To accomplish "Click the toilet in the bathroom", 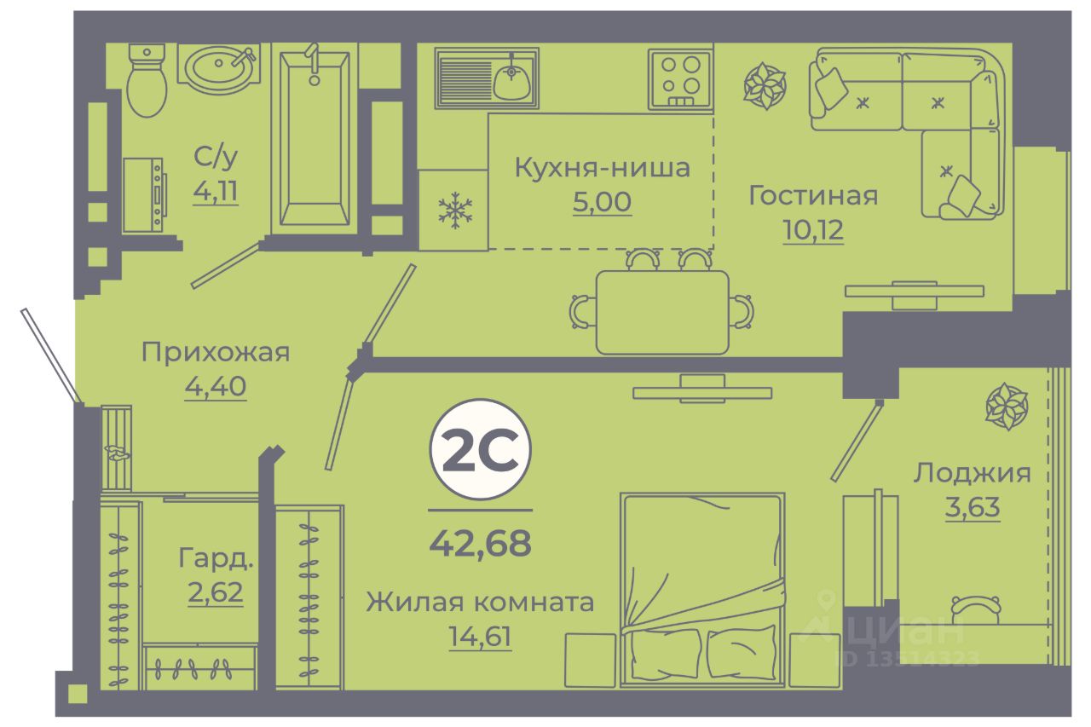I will (x=147, y=83).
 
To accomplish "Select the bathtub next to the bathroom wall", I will (x=314, y=141).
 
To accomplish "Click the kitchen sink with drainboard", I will (x=487, y=78).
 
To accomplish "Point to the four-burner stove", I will (x=679, y=79).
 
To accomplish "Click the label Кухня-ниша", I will (x=602, y=168).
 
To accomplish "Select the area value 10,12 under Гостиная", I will (x=812, y=229).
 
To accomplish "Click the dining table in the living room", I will (x=662, y=312).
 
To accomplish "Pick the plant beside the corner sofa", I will (x=765, y=86).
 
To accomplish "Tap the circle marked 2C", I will (x=480, y=450).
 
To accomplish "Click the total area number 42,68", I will (x=480, y=542).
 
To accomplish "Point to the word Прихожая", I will (x=216, y=351).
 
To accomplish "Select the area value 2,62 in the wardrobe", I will (x=216, y=591).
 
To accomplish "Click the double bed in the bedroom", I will (x=701, y=588).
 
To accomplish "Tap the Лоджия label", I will (x=973, y=473).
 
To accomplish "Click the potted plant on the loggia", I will (x=1007, y=406).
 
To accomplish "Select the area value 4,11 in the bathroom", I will (x=216, y=191).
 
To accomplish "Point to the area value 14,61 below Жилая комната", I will (x=480, y=636).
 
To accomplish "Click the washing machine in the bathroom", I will (x=142, y=195).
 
